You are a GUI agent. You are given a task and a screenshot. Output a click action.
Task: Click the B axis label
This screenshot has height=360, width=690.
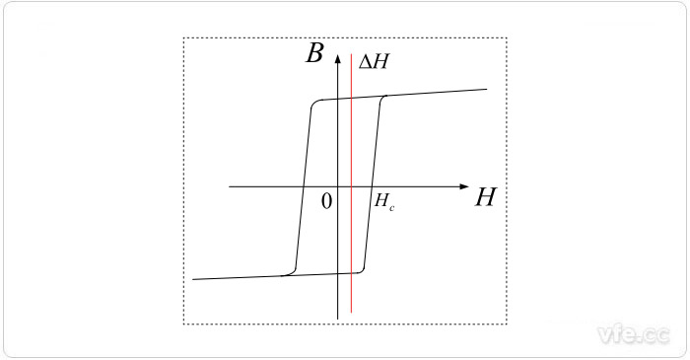tap(314, 53)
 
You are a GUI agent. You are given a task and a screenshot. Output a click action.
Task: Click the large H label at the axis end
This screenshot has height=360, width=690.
tap(484, 197)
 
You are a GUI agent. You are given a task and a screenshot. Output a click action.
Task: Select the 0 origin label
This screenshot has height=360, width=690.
tap(326, 200)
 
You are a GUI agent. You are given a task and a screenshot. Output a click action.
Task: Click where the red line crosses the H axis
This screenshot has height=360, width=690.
tap(351, 185)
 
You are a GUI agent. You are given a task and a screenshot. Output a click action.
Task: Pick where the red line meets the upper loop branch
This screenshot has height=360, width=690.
tap(351, 97)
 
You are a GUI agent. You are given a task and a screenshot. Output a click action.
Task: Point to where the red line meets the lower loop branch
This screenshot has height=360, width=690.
tap(351, 272)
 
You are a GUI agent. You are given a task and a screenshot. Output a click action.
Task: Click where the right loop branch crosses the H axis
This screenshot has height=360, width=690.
tap(372, 185)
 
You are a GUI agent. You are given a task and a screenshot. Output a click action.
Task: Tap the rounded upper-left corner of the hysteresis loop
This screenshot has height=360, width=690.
tap(314, 103)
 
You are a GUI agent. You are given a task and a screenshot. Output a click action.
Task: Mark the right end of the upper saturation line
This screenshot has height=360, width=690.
tap(488, 90)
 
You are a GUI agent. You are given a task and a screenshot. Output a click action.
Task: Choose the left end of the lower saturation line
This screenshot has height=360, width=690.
tap(194, 279)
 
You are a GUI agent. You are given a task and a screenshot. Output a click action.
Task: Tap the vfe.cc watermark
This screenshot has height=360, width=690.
tap(635, 336)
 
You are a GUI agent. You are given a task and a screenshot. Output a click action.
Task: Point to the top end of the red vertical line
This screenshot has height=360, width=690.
tap(351, 53)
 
